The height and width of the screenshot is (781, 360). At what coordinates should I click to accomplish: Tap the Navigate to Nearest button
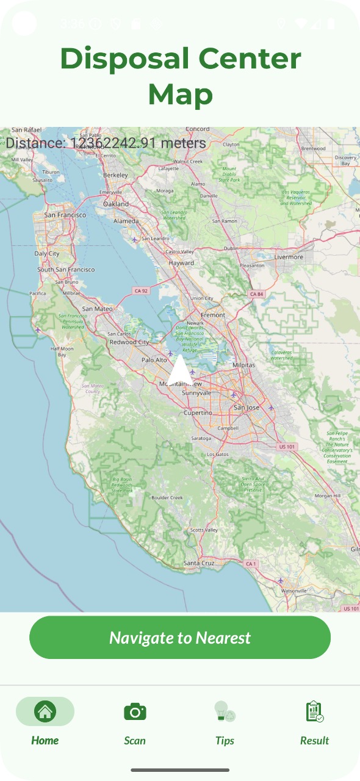coord(180,638)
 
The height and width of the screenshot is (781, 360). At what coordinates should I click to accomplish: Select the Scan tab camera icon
coord(135,711)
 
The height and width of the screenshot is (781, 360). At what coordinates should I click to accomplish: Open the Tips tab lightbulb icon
coord(225,711)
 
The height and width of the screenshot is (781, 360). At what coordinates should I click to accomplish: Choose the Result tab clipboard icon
coord(314,711)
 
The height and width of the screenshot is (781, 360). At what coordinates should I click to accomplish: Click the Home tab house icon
coord(45,711)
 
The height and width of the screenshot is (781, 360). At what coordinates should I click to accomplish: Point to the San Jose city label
coord(247,407)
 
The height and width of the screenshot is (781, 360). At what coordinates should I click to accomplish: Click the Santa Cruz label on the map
coord(198,563)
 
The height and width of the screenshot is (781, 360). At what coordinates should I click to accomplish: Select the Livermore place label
coord(289,257)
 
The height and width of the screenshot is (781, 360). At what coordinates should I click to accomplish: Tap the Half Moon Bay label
coord(62,351)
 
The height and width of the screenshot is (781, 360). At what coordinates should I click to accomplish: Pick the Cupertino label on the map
coord(198,412)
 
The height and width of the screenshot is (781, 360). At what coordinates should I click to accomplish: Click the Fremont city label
coord(213,314)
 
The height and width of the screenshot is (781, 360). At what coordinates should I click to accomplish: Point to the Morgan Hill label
coord(328,495)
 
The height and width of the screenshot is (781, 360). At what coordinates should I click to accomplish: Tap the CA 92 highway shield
coord(142,291)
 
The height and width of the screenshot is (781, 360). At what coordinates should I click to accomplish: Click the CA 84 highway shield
coord(257,294)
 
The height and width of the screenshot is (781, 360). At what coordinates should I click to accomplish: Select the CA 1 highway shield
coord(251,564)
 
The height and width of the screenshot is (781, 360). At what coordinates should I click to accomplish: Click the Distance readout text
coord(106,143)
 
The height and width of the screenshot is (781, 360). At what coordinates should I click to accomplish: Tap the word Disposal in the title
coord(124,59)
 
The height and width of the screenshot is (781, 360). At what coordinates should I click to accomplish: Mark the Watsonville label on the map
coord(293,591)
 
